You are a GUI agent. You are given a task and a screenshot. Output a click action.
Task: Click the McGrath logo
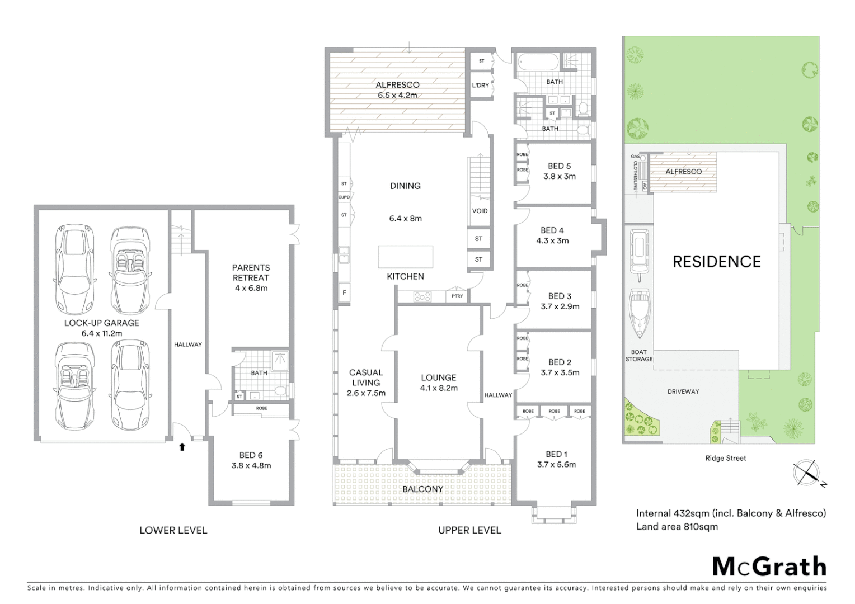[x=769, y=567]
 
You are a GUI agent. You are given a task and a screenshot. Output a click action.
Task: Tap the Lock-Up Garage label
[x=101, y=323]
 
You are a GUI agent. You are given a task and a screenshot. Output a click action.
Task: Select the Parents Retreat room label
[x=251, y=272]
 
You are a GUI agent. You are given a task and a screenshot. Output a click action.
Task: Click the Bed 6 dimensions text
[x=251, y=465]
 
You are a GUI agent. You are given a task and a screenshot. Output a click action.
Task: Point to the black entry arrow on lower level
[x=182, y=446]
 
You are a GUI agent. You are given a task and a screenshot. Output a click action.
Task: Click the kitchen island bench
[x=405, y=257]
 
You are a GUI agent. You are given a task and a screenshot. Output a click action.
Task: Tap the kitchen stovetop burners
[x=422, y=296]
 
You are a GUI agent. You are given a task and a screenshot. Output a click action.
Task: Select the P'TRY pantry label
[x=457, y=296]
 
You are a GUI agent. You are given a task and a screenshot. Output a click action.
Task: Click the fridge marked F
[x=344, y=292]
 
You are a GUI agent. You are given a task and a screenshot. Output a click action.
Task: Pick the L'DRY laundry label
[x=480, y=86]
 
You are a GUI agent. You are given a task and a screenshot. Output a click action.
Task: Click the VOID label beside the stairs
[x=480, y=211]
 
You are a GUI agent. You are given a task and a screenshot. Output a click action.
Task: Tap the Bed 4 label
[x=552, y=230]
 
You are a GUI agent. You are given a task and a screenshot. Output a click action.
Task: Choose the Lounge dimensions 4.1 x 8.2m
[x=439, y=388]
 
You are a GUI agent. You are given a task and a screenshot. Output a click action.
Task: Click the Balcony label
[x=422, y=489]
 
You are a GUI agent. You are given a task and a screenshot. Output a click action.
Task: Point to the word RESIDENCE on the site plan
[x=716, y=262]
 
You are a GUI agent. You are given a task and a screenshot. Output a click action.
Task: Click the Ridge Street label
[x=725, y=458]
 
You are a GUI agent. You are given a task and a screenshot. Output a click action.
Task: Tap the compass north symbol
[x=807, y=473]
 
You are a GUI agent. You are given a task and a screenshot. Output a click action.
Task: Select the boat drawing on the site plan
[x=638, y=314]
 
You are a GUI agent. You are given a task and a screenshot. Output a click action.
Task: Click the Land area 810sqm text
[x=677, y=526]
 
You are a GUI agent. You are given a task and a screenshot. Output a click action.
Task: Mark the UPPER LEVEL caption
[x=469, y=530]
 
